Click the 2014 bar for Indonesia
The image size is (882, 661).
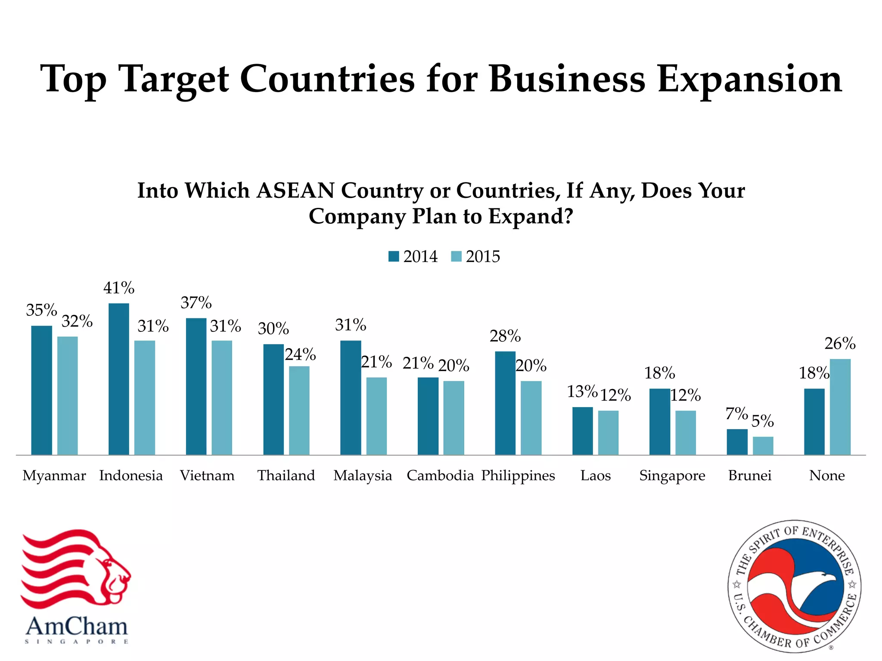119,379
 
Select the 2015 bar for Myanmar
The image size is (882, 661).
68,395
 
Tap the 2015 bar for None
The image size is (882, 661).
840,407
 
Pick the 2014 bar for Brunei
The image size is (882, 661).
737,442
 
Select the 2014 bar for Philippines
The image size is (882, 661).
505,403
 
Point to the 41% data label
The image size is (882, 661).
119,288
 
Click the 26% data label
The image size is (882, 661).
840,344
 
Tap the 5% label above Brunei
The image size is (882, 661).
762,421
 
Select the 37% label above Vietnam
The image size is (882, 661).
196,303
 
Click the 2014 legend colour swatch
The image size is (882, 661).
394,256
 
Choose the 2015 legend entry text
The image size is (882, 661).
483,256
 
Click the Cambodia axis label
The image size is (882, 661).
440,476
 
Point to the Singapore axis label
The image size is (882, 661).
672,476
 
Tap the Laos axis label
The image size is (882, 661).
595,476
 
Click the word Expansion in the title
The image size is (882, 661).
749,80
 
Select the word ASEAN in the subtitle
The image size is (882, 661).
295,191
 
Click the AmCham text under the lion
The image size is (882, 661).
77,627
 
